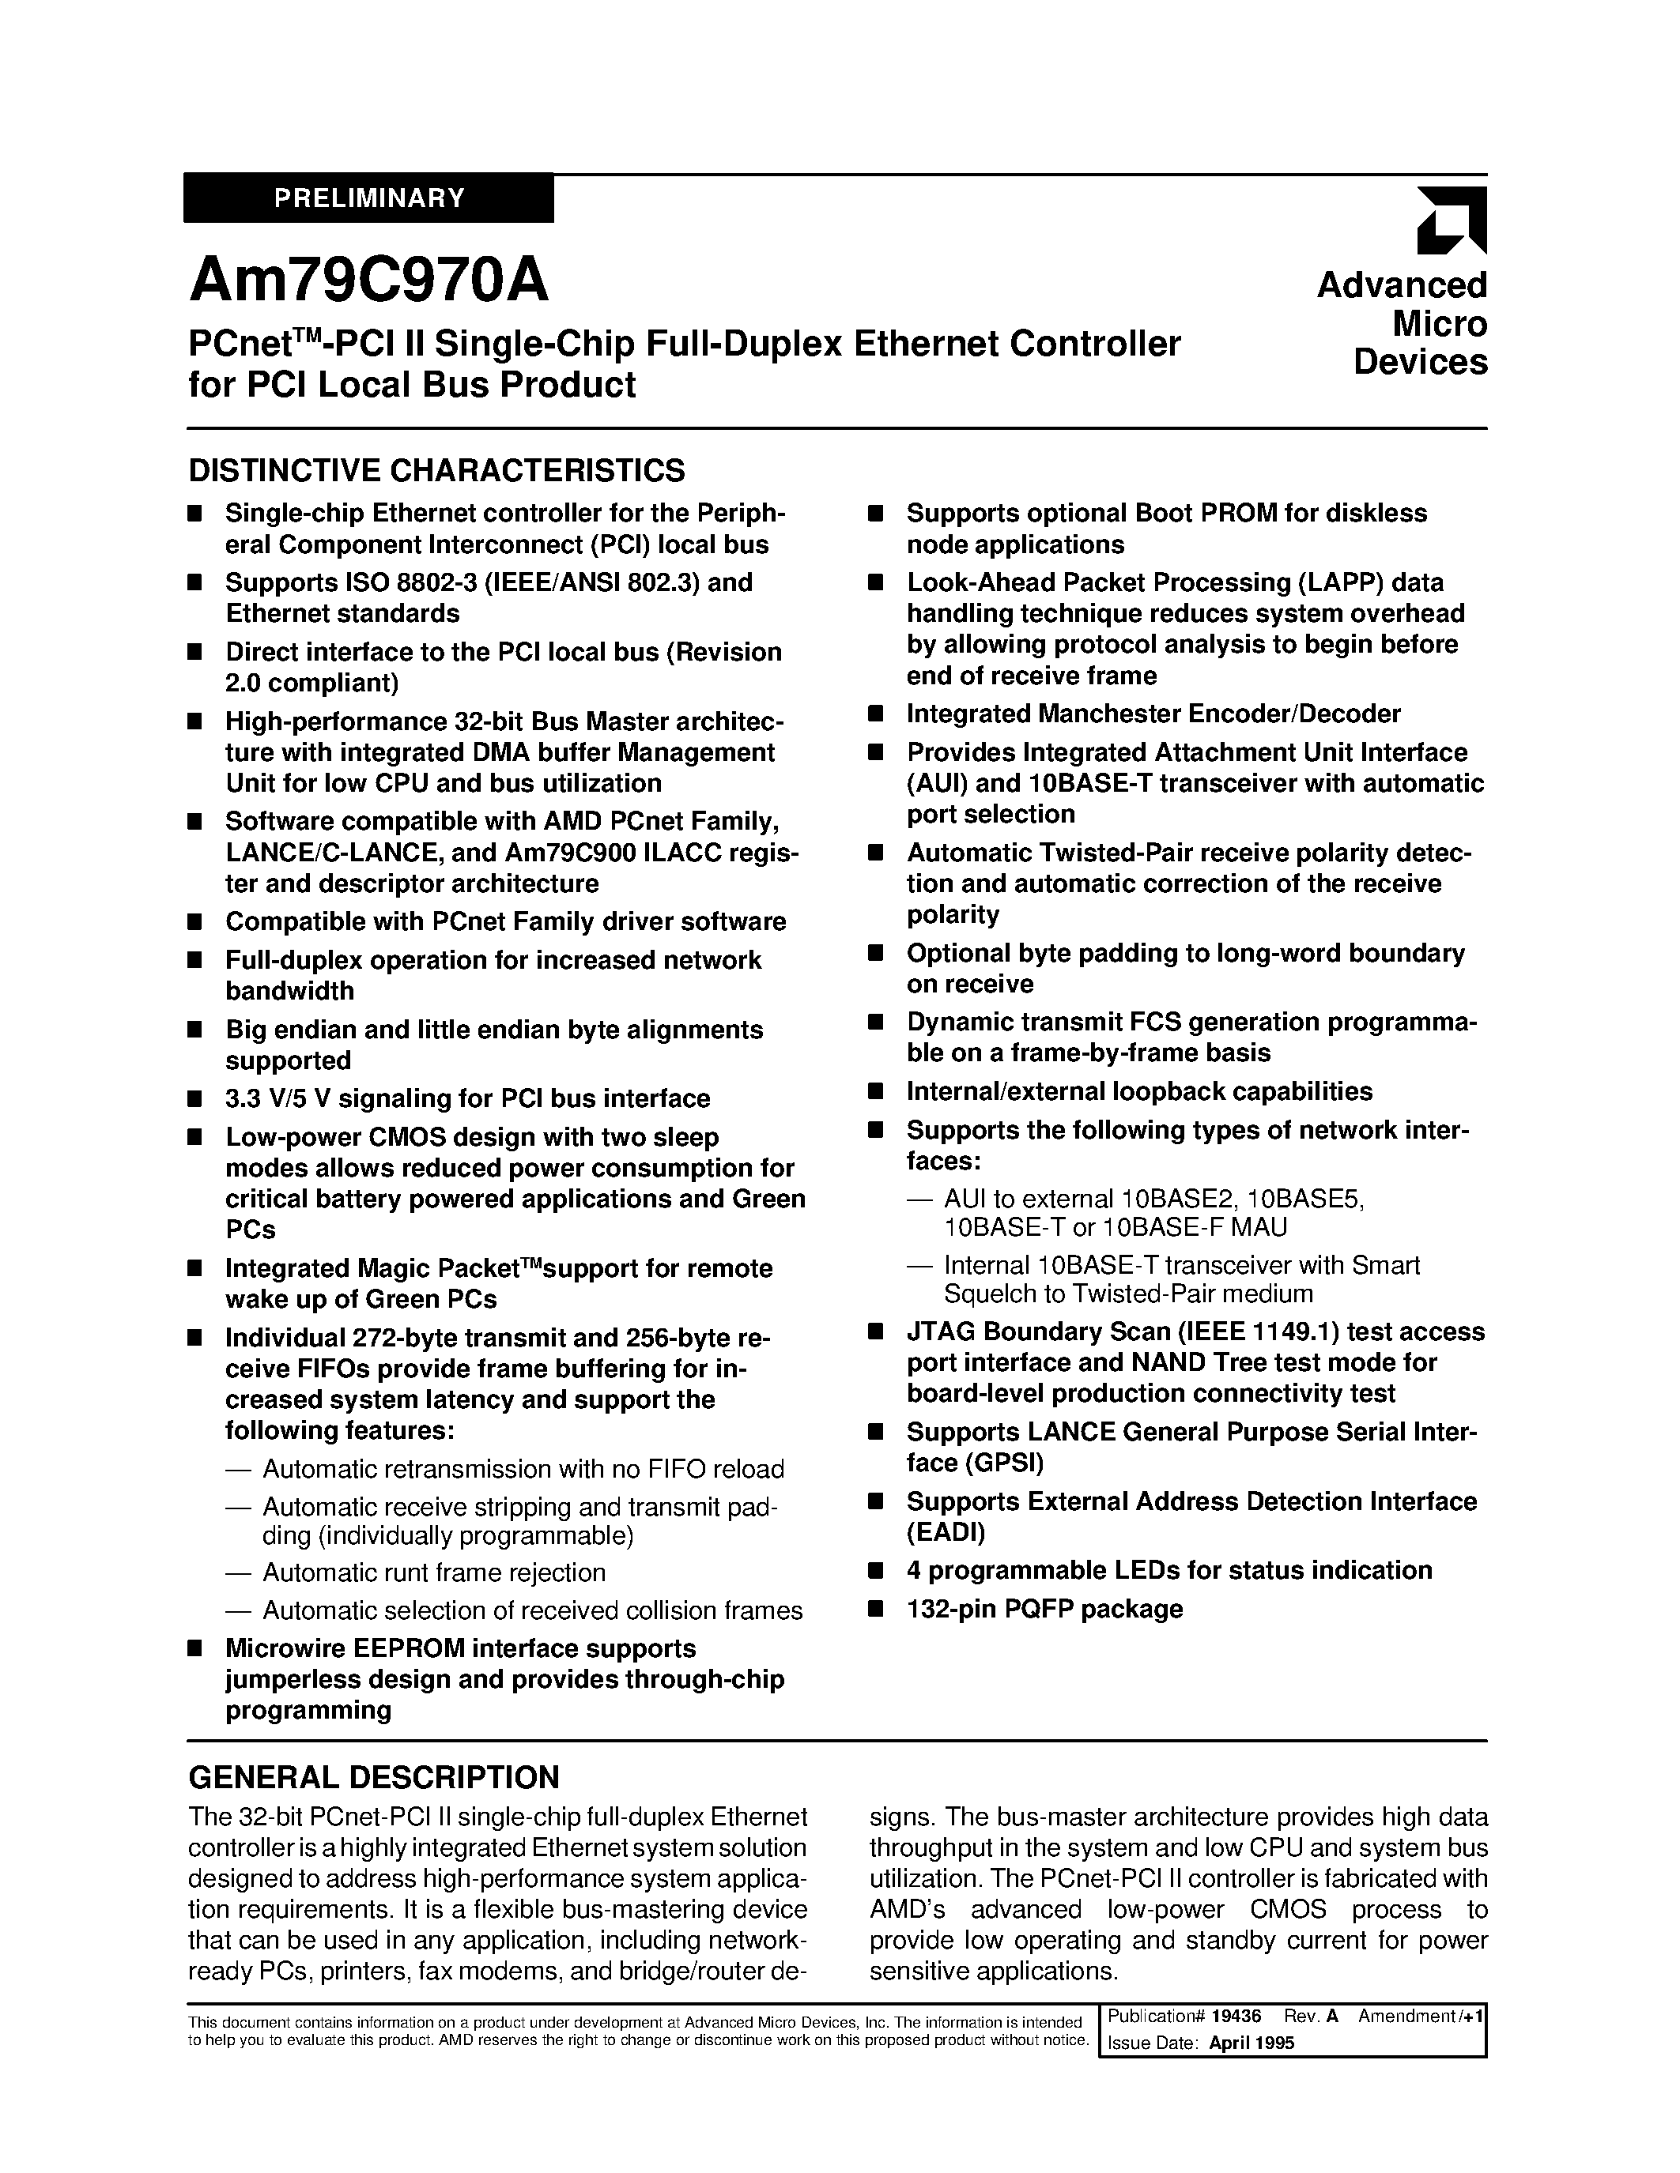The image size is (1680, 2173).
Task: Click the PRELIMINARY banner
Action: pos(369,198)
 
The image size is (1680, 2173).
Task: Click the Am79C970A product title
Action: pos(368,281)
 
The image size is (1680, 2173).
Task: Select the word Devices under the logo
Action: pos(1419,362)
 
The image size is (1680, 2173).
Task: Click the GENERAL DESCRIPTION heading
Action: pos(373,1777)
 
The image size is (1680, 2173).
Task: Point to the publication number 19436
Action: pos(1238,2016)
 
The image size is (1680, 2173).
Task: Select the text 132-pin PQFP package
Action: pos(1044,1609)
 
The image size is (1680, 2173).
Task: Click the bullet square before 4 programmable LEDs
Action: pos(876,1571)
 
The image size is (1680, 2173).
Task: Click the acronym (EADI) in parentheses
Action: pos(945,1532)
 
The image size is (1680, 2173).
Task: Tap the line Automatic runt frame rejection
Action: pos(434,1572)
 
